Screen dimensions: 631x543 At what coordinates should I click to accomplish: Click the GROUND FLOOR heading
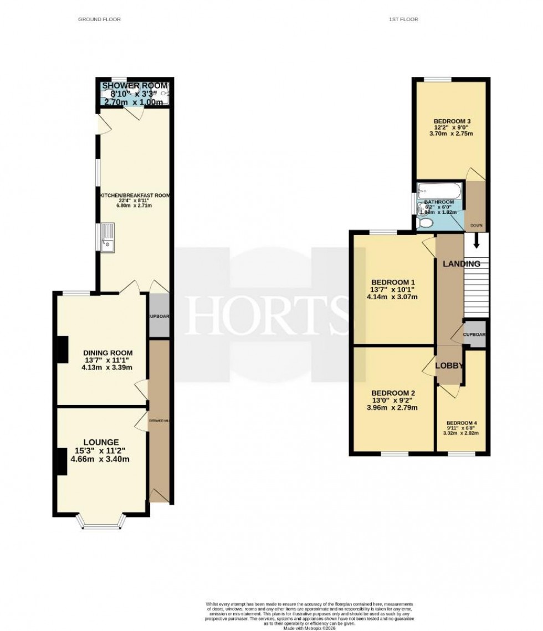[99, 19]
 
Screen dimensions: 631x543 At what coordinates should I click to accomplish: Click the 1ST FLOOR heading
[403, 19]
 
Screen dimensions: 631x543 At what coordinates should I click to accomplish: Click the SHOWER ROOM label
[134, 86]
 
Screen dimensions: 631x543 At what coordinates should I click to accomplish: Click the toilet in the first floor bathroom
[426, 223]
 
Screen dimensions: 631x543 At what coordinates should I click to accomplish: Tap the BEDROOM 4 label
[462, 423]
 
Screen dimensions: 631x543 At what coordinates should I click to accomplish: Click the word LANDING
[461, 264]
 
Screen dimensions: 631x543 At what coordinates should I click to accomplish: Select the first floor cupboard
[475, 335]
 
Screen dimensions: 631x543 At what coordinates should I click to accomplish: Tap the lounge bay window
[101, 521]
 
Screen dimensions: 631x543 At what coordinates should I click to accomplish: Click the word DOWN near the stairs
[476, 225]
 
